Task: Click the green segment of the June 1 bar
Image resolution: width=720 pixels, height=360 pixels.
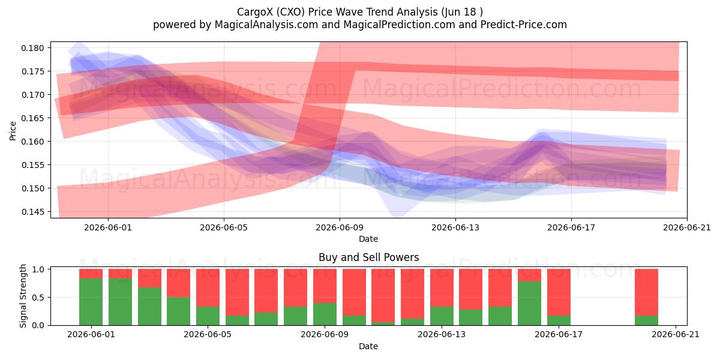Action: pyautogui.click(x=91, y=301)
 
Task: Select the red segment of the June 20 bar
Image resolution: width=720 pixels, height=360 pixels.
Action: pyautogui.click(x=646, y=292)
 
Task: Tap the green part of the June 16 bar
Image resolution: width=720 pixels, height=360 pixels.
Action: pyautogui.click(x=529, y=303)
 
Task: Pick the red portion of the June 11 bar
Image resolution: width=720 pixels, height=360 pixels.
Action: pyautogui.click(x=383, y=295)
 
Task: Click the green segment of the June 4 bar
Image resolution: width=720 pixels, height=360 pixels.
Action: pyautogui.click(x=178, y=311)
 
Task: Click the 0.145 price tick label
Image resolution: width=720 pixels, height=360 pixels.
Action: pyautogui.click(x=32, y=212)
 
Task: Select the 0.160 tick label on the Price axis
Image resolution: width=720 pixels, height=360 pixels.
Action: pyautogui.click(x=32, y=142)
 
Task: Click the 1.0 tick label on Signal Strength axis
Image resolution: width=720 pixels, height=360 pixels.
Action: pyautogui.click(x=38, y=269)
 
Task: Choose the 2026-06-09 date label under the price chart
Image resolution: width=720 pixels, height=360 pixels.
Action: pyautogui.click(x=340, y=227)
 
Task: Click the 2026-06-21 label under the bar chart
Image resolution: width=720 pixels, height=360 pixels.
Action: pyautogui.click(x=676, y=335)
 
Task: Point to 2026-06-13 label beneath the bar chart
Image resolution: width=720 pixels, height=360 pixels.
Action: pyautogui.click(x=442, y=335)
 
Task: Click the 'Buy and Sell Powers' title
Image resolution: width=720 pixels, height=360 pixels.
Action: pyautogui.click(x=368, y=257)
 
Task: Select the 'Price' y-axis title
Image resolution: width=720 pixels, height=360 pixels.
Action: pyautogui.click(x=13, y=131)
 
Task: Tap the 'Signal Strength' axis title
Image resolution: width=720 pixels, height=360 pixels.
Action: pyautogui.click(x=23, y=296)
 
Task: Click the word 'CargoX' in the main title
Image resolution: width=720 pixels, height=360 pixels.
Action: pyautogui.click(x=256, y=12)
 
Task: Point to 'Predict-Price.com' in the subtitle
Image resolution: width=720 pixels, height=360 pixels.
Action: pyautogui.click(x=524, y=25)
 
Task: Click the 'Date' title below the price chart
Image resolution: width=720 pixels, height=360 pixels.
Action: pyautogui.click(x=368, y=239)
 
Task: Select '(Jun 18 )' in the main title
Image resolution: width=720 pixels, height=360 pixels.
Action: pyautogui.click(x=462, y=12)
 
